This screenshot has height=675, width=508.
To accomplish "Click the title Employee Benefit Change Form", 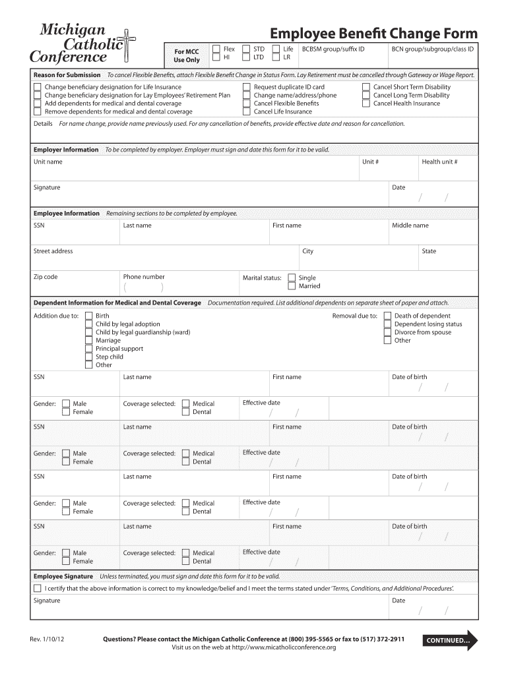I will [374, 34].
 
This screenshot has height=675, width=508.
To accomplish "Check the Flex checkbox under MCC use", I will [216, 49].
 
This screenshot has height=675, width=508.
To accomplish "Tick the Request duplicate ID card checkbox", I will [247, 87].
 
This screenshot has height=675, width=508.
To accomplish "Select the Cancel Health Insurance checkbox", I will [366, 103].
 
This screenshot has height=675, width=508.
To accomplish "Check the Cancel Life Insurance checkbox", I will [247, 111].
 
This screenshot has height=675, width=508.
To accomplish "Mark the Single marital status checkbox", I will [292, 278].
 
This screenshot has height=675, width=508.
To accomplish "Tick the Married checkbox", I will [292, 286].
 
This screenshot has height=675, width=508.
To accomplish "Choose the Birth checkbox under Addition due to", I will [89, 316].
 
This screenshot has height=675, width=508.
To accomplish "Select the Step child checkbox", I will [89, 357].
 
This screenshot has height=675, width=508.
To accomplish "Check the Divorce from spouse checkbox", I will [387, 332].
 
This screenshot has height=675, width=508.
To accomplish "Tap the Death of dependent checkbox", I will [387, 316].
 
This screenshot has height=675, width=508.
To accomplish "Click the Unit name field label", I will [48, 162].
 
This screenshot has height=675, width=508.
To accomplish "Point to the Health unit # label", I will [439, 162].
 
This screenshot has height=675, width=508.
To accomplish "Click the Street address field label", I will [53, 251].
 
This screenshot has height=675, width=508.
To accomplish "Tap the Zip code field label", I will [46, 277].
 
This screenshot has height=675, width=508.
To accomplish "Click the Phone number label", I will [144, 277].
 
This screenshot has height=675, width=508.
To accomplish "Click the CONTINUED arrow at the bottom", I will [452, 640].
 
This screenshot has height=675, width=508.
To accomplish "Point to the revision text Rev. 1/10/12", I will [46, 639].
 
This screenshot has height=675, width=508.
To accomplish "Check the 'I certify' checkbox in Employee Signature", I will [37, 587].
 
